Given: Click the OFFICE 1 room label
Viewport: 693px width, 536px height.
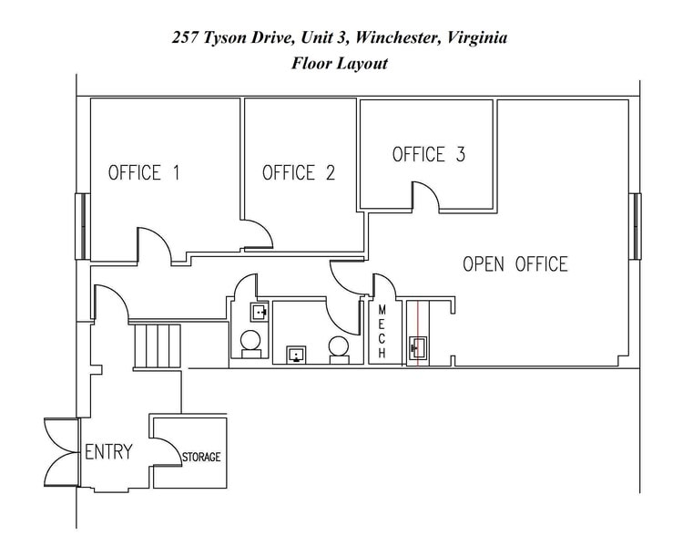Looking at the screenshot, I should coord(144,173).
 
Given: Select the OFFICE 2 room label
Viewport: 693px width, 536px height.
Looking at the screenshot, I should coord(299,173).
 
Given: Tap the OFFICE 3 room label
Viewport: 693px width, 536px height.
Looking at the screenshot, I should coord(428,155).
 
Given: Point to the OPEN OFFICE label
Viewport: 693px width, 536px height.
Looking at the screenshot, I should coord(515,264).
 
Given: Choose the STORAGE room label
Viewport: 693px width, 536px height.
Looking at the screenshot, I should coord(201,457).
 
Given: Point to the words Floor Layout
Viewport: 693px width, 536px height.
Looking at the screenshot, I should coord(340,63).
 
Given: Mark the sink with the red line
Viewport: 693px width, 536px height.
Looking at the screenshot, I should coord(419,346).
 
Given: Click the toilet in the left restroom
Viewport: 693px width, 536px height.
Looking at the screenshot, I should coord(250,344).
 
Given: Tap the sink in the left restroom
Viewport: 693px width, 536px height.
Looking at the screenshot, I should coord(260,313).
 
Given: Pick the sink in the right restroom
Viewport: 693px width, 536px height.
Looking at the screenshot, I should coord(296,354).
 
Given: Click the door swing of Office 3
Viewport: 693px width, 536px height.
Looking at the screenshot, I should coord(426,196).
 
